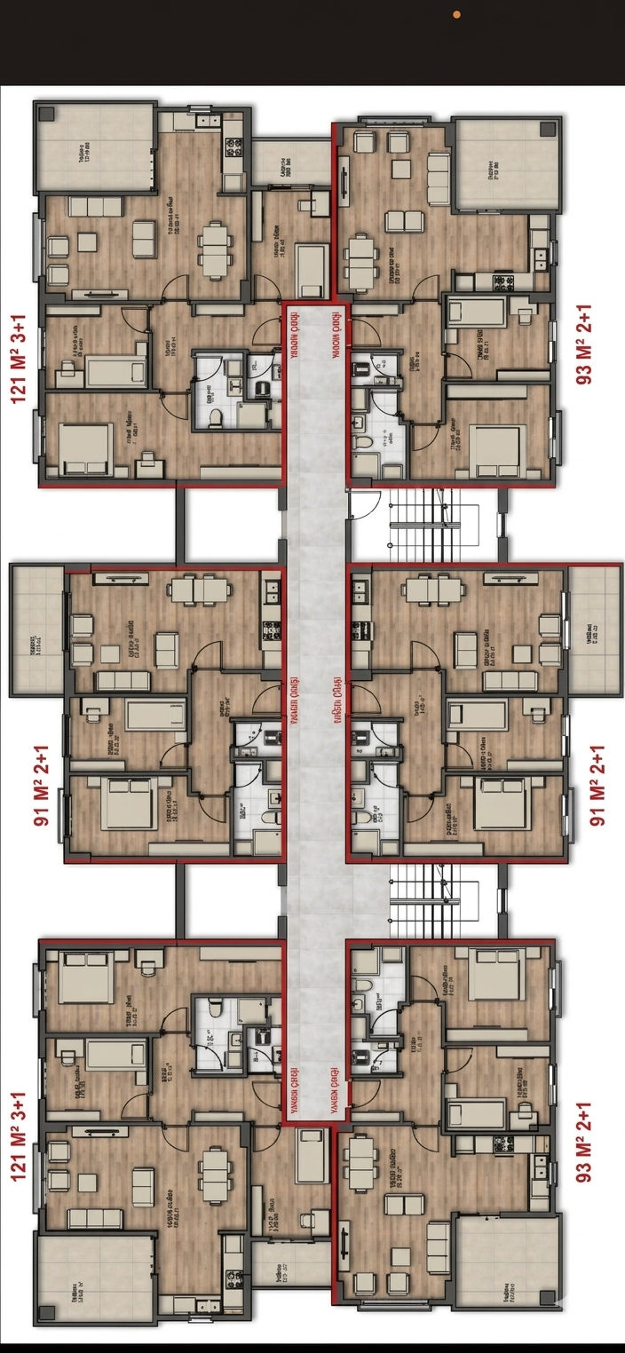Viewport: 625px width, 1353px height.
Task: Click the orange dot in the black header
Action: [456, 15]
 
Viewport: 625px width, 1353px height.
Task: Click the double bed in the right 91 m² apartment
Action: [501, 803]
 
